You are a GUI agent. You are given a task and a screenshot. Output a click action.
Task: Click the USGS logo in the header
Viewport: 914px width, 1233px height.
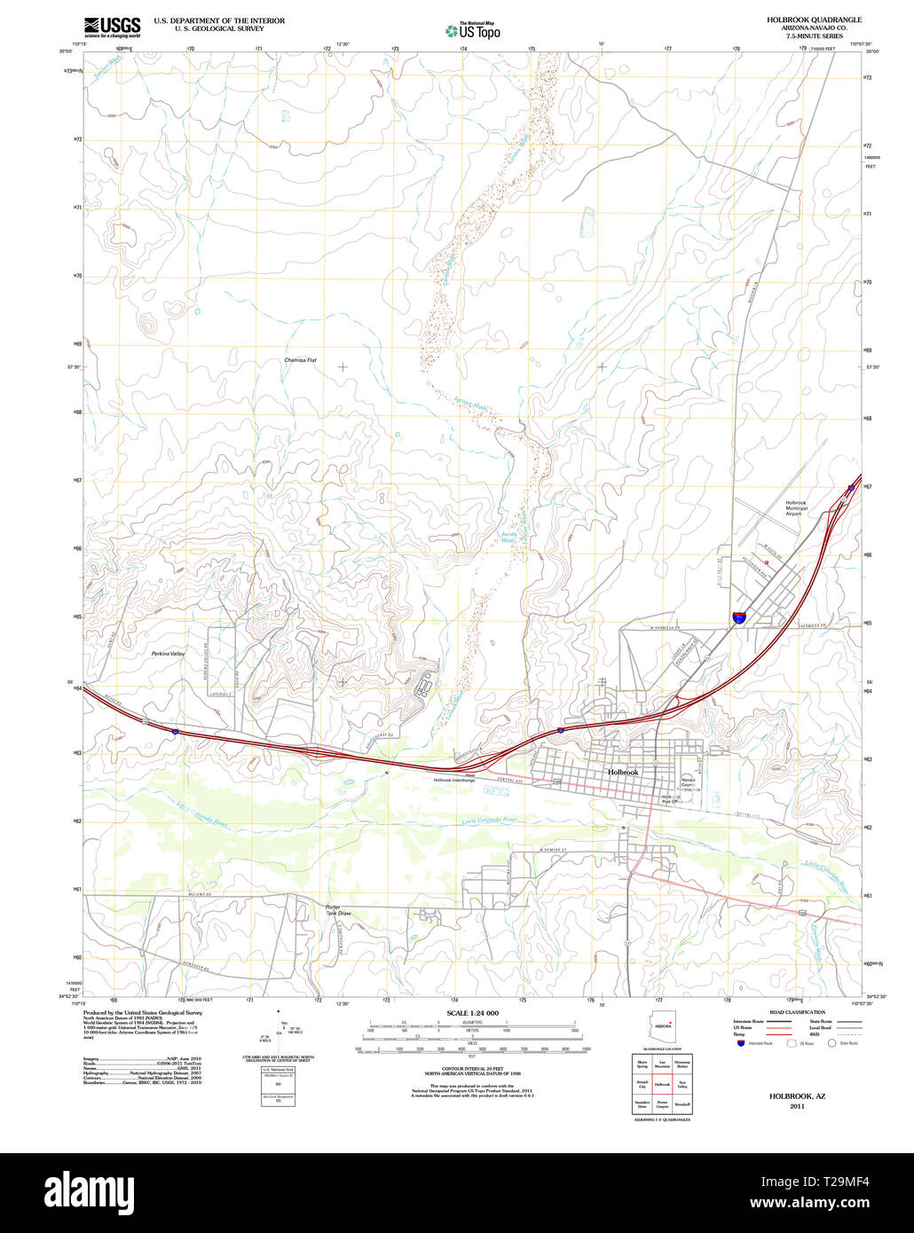(112, 27)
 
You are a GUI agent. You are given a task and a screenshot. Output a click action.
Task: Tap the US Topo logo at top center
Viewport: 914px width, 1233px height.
(473, 31)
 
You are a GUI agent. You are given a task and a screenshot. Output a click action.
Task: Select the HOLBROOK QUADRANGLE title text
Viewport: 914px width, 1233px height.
(814, 20)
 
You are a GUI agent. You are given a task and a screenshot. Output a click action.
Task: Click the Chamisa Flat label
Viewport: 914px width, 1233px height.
(301, 361)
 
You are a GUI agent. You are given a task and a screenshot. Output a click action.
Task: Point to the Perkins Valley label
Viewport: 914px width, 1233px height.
(168, 654)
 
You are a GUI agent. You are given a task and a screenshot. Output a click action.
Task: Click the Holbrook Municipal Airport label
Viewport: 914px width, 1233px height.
(795, 508)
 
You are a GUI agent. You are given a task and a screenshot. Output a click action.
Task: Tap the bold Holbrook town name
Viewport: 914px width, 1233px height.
(623, 773)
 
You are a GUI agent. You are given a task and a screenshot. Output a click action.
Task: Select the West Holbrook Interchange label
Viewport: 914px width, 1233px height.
(454, 777)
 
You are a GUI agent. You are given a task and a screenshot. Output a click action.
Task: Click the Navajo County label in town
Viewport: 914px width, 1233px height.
(689, 783)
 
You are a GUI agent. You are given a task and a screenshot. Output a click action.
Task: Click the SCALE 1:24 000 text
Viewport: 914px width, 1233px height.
(472, 1013)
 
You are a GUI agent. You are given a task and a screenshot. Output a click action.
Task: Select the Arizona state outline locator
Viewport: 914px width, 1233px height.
(663, 1026)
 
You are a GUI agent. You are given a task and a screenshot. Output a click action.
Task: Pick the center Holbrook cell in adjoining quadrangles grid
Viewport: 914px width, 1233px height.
(661, 1084)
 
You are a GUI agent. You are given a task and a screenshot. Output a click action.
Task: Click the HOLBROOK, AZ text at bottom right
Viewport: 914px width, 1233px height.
(787, 1096)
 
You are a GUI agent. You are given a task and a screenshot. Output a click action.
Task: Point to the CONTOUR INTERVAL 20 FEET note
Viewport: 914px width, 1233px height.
(472, 1071)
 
